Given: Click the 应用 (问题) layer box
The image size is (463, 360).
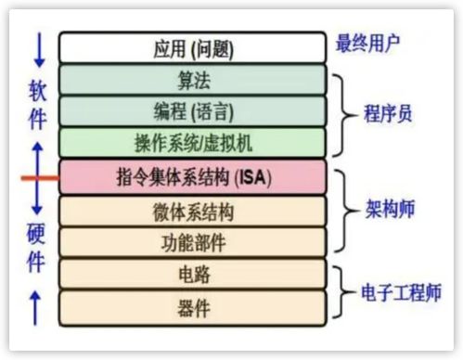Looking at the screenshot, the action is [192, 47].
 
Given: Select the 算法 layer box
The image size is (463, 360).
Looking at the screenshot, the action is [192, 80].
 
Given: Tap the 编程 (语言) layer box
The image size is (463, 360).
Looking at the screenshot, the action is [192, 111].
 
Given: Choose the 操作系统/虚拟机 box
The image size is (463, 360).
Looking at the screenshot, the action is [192, 143].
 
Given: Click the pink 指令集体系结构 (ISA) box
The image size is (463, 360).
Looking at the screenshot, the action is [192, 175].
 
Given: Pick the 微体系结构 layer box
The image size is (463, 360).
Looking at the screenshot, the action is [192, 211].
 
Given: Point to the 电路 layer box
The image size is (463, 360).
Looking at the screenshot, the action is [192, 274].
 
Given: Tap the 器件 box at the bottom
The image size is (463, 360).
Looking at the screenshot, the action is [192, 305].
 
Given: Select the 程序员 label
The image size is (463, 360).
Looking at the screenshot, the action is [388, 113].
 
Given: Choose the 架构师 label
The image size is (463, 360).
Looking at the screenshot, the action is [388, 211].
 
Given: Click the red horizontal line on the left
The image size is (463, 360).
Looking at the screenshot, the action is [41, 176].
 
